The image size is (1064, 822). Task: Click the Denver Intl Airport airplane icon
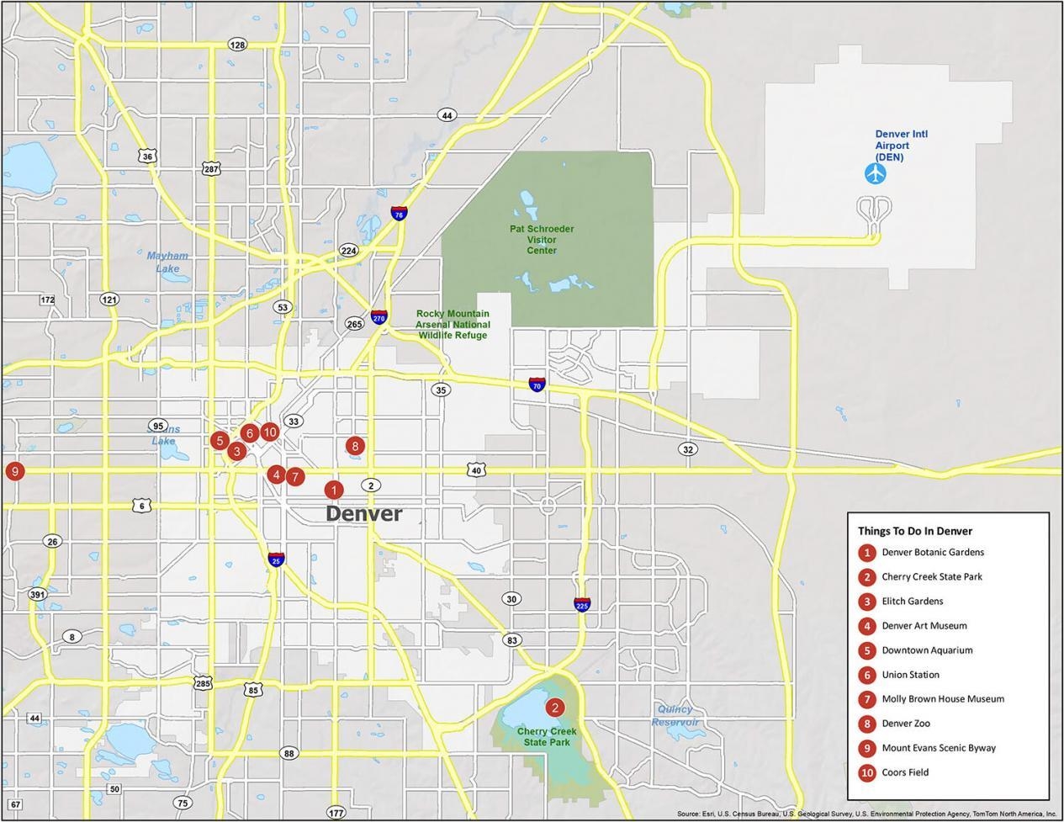876,174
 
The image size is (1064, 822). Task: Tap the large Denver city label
363,513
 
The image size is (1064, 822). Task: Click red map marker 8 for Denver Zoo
355,446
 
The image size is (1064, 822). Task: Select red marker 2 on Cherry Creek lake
554,708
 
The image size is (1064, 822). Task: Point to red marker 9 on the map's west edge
14,471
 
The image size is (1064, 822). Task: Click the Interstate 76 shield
399,214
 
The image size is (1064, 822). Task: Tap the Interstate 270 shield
378,317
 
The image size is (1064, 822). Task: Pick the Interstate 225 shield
582,604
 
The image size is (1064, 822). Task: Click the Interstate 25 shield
275,559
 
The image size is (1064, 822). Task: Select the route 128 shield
237,45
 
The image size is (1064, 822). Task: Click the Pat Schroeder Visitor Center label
542,240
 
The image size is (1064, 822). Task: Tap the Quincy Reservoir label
675,716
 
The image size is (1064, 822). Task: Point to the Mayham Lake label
167,263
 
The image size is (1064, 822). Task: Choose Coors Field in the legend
905,772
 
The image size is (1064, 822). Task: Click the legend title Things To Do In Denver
914,531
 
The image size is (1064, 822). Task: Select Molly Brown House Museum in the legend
942,699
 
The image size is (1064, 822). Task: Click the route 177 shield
336,813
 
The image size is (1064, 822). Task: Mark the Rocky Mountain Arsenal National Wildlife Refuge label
453,324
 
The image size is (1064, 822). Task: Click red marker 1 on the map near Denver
334,490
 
